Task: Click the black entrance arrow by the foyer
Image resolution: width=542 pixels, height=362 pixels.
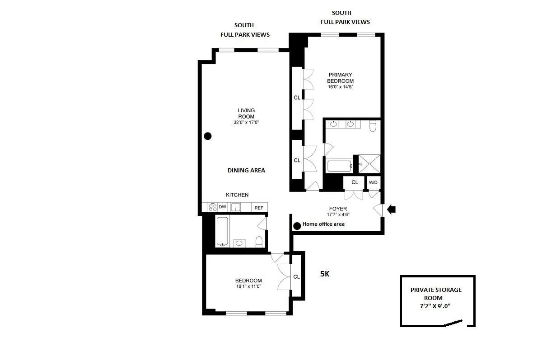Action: [392, 209]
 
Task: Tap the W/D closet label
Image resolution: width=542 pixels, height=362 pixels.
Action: [374, 182]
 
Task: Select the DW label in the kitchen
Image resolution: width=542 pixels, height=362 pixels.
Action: [222, 207]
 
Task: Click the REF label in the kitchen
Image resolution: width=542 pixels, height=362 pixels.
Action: [259, 208]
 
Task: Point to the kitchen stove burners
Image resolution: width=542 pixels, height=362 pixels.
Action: [213, 207]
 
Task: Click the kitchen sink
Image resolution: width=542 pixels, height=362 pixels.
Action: [235, 207]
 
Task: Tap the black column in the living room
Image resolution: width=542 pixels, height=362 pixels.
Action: [208, 136]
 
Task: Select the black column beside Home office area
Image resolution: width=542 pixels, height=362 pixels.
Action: [297, 226]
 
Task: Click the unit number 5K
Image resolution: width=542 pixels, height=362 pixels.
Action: [325, 274]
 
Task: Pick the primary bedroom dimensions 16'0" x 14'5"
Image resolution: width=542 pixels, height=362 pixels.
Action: [340, 87]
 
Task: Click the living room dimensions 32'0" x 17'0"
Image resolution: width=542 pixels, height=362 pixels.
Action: [246, 122]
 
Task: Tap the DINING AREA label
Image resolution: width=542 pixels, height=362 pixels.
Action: [246, 171]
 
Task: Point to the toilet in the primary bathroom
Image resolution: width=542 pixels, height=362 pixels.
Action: [373, 125]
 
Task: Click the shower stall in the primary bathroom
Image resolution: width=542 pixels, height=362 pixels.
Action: [369, 164]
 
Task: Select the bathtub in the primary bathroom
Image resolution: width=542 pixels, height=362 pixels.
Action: [339, 166]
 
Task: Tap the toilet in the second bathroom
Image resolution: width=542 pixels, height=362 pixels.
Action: [259, 242]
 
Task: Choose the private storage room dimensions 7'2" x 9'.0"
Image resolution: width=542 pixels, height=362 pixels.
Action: [436, 306]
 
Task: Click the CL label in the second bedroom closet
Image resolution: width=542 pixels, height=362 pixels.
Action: [296, 277]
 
